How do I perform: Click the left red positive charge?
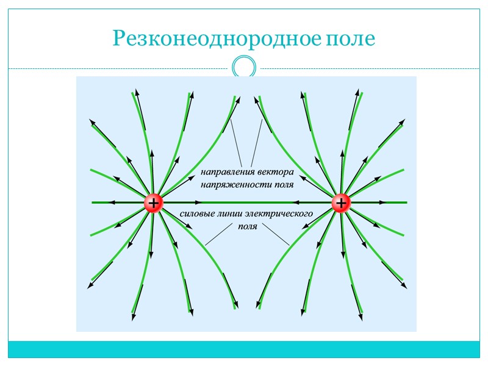(x=153, y=203)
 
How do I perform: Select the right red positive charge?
(x=341, y=203)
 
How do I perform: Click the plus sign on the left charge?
(x=153, y=203)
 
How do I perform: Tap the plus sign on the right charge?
(x=341, y=203)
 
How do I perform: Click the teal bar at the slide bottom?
(x=244, y=349)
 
